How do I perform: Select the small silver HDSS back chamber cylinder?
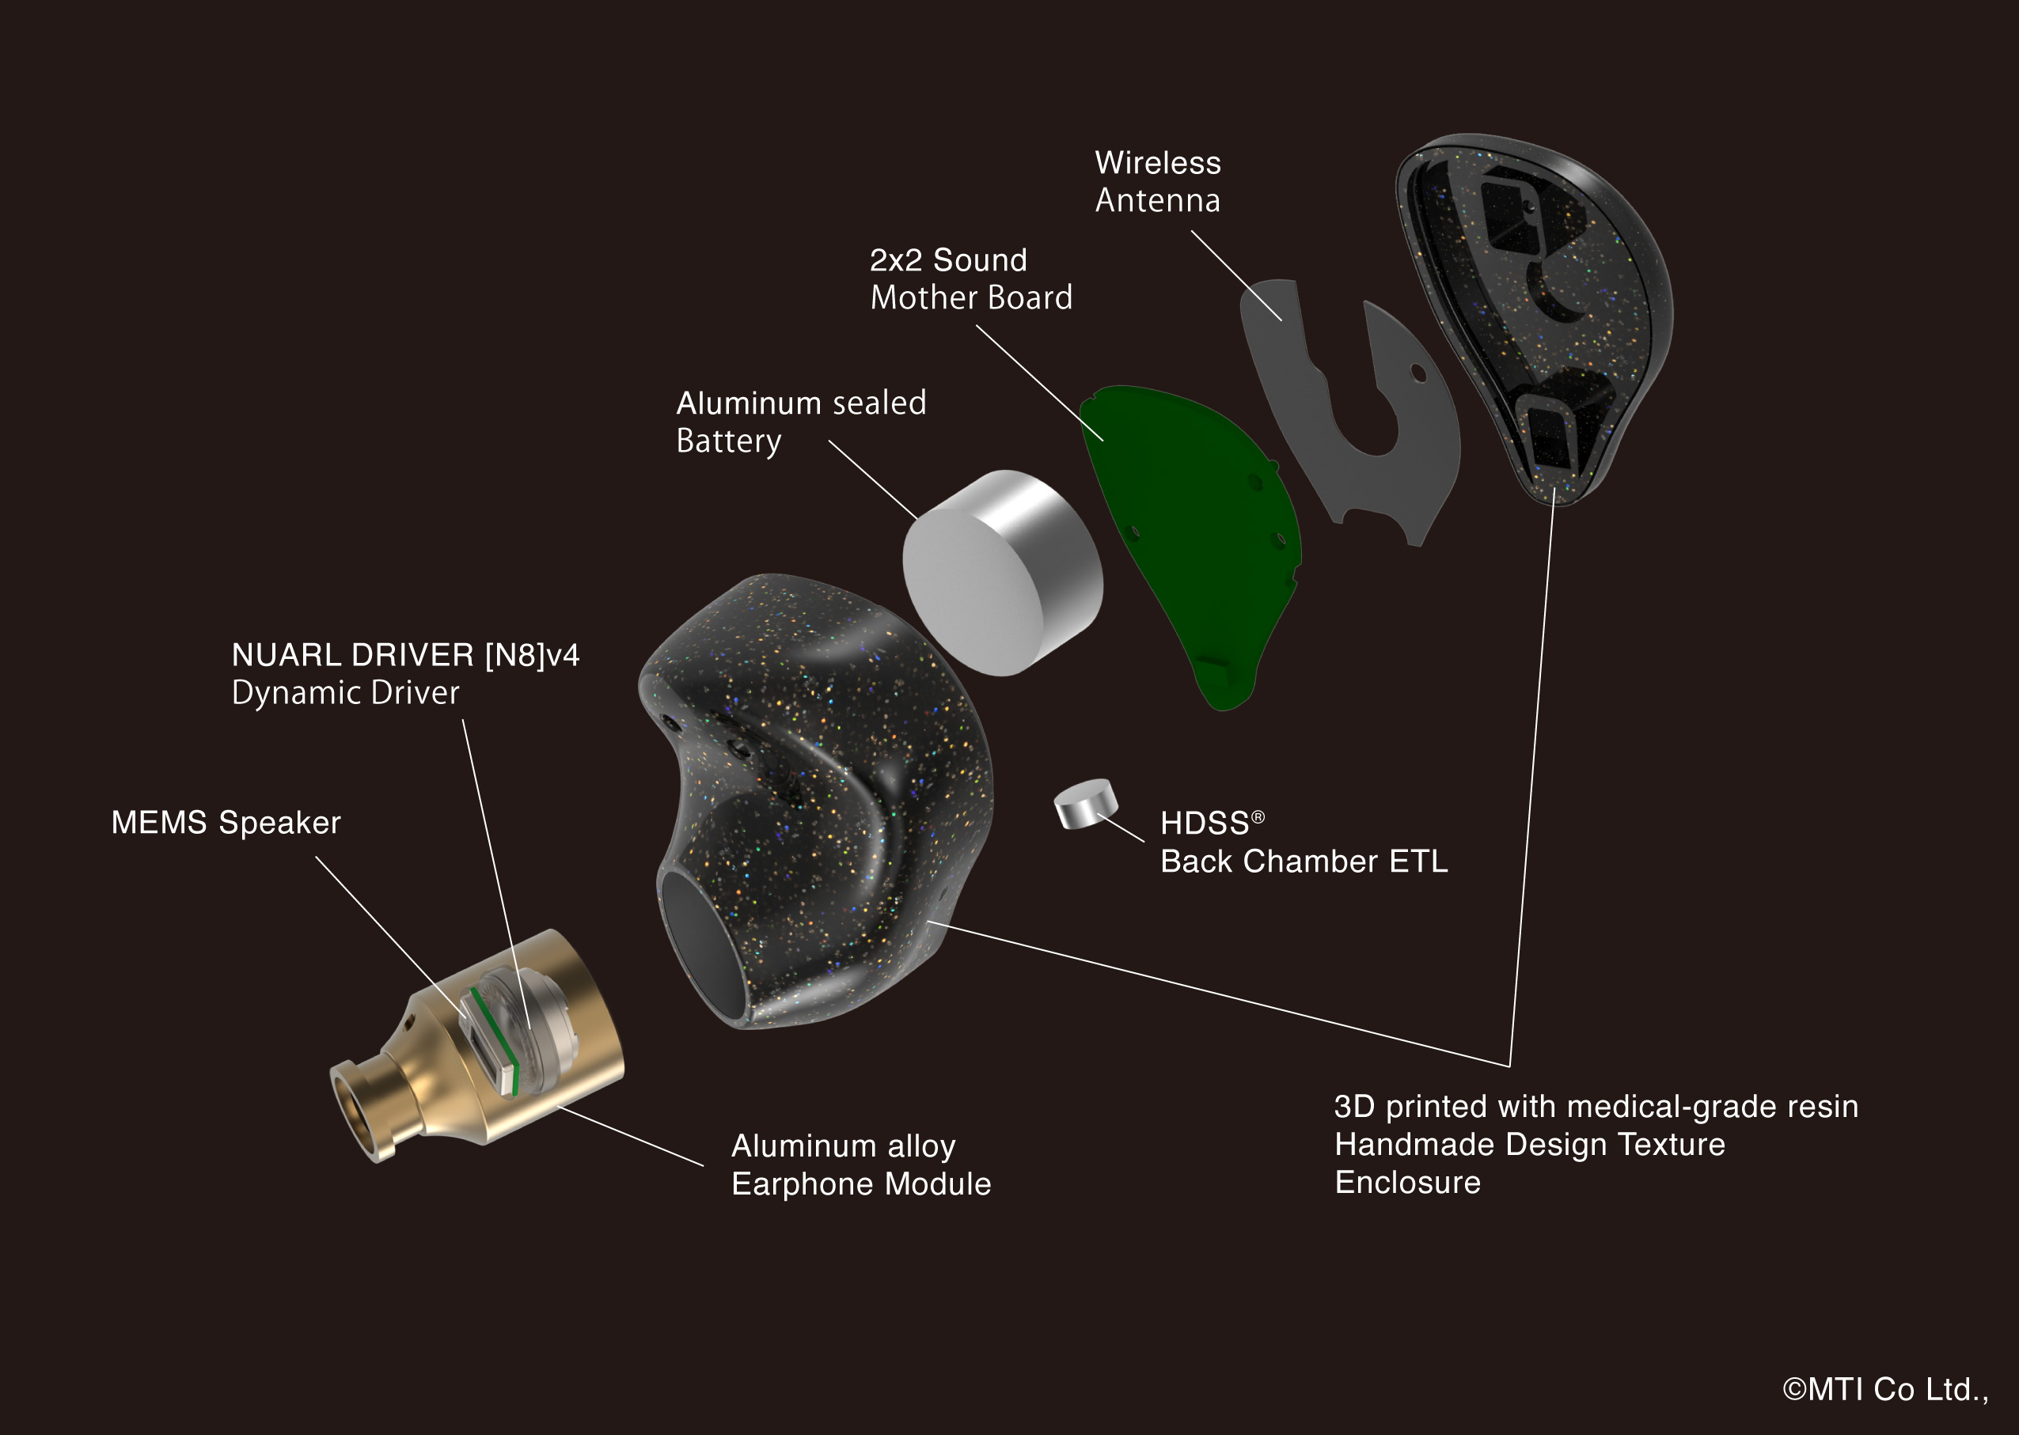pos(1086,803)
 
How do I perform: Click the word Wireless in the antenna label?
pos(1157,163)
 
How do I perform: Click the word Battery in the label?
pos(728,440)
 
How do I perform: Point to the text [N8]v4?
pos(531,655)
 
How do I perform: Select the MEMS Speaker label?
pos(226,822)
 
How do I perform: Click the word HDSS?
pos(1204,824)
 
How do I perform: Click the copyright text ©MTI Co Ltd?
pos(1883,1389)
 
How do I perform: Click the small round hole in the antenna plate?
pos(1418,373)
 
